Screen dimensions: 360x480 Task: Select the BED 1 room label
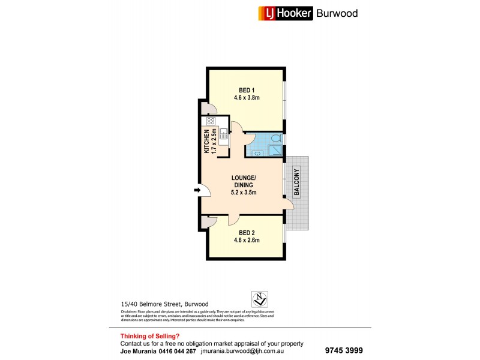[247, 91]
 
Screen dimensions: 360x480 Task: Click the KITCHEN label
[206, 142]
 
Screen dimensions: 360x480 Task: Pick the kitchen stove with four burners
[211, 121]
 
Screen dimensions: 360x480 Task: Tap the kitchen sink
[223, 134]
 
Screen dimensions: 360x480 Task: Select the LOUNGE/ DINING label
[244, 182]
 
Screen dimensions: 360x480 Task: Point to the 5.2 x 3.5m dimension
[244, 193]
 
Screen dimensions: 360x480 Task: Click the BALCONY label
[297, 183]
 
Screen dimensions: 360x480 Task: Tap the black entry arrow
[197, 191]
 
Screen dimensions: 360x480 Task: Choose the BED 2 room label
[247, 232]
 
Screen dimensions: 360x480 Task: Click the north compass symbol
[259, 298]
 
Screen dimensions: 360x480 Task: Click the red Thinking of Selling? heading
[150, 336]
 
